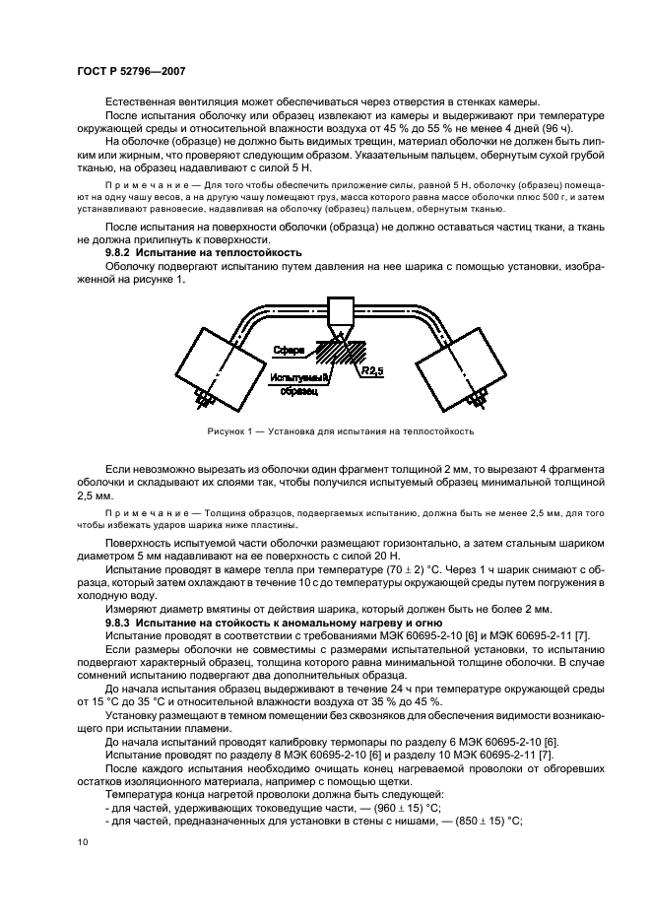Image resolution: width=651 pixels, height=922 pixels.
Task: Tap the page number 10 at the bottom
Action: (x=82, y=841)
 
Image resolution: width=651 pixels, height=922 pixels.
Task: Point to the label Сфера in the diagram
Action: (x=289, y=351)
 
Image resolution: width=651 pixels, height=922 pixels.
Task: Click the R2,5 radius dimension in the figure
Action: (x=372, y=371)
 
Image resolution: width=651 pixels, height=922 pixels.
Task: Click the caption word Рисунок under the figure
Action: (x=228, y=430)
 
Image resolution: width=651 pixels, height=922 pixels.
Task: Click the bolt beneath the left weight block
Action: (x=204, y=398)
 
